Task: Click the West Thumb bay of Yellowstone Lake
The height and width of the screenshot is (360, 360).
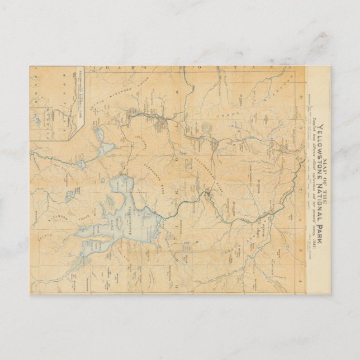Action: click(x=120, y=187)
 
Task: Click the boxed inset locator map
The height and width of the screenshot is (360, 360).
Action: click(x=56, y=103)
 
